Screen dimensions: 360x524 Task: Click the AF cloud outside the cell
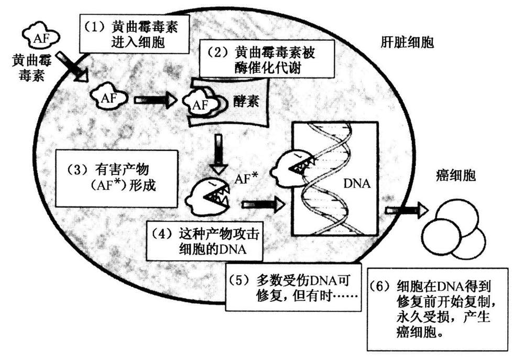pos(40,36)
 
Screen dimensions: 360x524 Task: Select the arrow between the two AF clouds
pos(154,100)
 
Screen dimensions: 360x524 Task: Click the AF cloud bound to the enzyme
pos(203,103)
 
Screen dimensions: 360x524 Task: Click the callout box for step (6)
pos(438,309)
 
